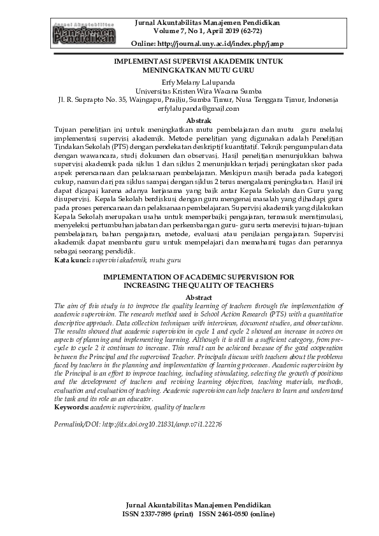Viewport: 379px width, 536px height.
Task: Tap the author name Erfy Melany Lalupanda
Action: click(189, 82)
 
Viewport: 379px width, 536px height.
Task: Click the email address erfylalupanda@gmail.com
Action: click(189, 109)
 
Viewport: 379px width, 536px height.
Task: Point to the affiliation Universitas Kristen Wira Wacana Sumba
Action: click(189, 91)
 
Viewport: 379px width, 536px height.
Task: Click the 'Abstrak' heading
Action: click(189, 120)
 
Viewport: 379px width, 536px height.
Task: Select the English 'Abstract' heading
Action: click(189, 297)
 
